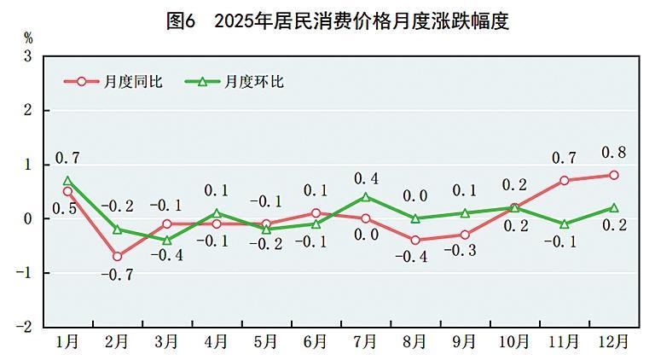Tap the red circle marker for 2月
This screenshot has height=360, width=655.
coord(117,256)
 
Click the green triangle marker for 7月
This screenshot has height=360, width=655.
coord(366,197)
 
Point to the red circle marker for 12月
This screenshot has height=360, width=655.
coord(613,175)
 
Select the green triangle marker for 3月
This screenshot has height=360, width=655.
coord(167,241)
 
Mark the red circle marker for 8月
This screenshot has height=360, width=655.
coord(415,240)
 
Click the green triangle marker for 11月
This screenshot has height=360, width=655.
coord(564,224)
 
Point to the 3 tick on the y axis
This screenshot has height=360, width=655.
coord(27,56)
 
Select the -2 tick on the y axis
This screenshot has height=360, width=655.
coord(25,327)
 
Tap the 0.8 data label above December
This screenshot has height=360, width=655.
coord(613,154)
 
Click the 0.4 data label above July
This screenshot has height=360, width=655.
coord(366,178)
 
